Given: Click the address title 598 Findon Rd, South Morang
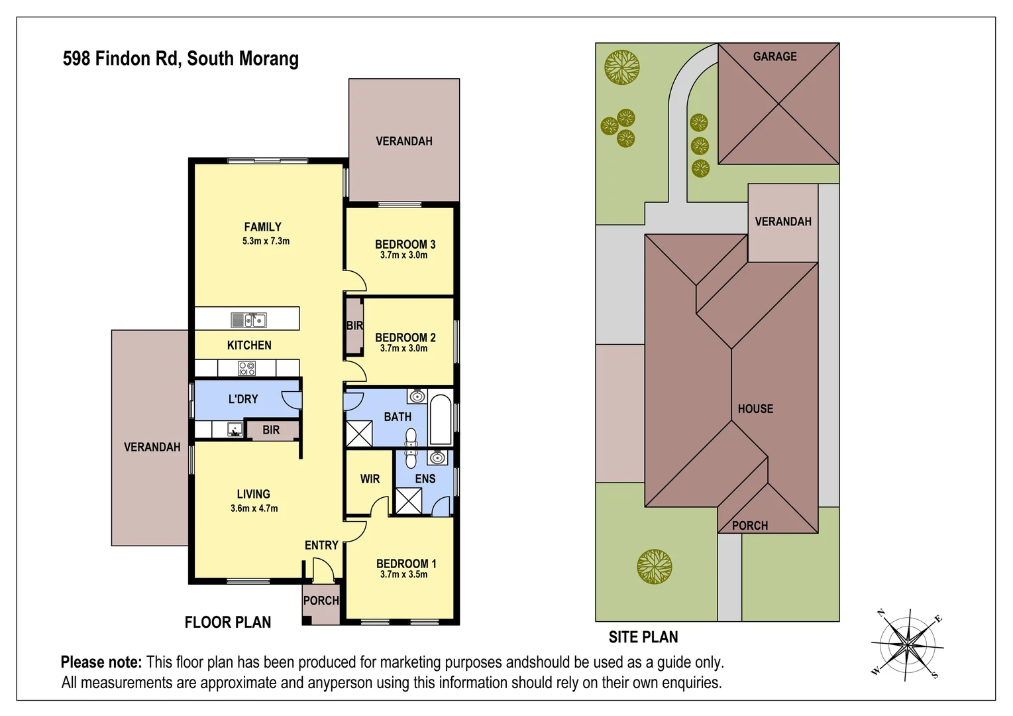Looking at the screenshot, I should click(180, 59).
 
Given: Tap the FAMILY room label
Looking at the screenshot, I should click(263, 227).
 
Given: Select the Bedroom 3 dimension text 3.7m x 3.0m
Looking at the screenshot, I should click(403, 255).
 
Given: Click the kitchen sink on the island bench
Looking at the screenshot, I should click(249, 320).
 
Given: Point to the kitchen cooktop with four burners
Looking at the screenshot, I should click(247, 368).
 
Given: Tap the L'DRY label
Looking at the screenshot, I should click(243, 399).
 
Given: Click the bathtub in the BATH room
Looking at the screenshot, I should click(441, 419).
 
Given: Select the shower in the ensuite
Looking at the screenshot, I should click(408, 501).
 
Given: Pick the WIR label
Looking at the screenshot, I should click(370, 479).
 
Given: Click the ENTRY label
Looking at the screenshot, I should click(321, 545).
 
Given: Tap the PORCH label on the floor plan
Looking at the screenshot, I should click(321, 601).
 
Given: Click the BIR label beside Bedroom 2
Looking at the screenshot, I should click(354, 326).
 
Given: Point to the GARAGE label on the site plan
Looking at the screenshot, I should click(774, 57).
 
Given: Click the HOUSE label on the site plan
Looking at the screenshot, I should click(755, 409).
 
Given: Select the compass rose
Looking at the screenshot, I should click(908, 644).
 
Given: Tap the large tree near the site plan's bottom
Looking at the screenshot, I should click(655, 567).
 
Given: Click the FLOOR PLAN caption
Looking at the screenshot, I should click(228, 623).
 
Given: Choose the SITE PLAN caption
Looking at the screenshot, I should click(643, 637).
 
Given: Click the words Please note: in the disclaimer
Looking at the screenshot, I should click(101, 662).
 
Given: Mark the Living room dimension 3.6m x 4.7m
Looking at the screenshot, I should click(254, 508).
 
